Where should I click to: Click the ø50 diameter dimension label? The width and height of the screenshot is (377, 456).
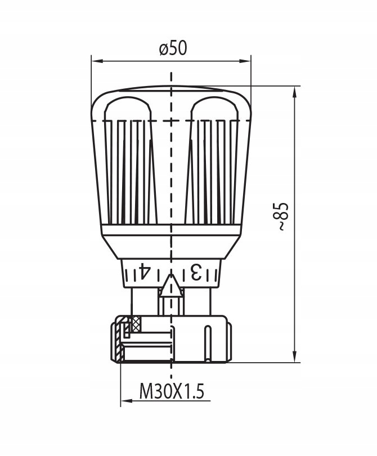tap(173, 48)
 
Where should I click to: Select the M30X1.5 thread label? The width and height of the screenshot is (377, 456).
tap(172, 391)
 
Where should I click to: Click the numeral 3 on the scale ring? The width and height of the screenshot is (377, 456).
tap(195, 272)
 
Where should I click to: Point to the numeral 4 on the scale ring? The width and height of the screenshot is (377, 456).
tap(143, 271)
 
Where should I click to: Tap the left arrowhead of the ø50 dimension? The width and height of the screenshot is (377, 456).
tap(97, 61)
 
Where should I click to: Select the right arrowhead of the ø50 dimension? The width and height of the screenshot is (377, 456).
tap(245, 61)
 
